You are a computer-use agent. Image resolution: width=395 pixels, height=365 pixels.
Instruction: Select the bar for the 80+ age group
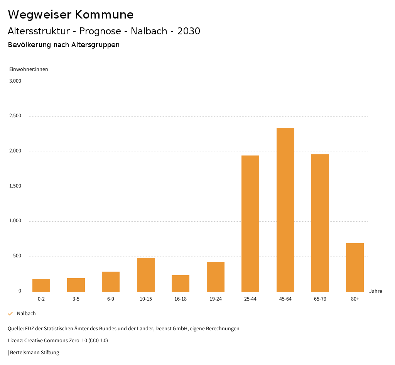(x=355, y=267)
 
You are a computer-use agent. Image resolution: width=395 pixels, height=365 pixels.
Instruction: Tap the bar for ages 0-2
(x=41, y=285)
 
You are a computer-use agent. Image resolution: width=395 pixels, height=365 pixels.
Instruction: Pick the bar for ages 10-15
(x=146, y=275)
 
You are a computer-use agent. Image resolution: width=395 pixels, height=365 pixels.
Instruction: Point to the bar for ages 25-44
(x=250, y=223)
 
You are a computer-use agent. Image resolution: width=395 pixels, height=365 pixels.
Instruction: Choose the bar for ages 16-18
(x=181, y=283)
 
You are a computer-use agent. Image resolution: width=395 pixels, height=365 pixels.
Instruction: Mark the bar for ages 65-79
(x=320, y=223)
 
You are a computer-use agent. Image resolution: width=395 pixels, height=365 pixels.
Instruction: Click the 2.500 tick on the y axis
(x=15, y=116)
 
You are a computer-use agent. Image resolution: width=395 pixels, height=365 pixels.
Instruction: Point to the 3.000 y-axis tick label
(x=15, y=81)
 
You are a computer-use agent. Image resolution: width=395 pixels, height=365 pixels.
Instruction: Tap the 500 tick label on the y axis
(x=17, y=256)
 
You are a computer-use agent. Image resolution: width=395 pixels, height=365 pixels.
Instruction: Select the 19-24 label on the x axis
(x=215, y=299)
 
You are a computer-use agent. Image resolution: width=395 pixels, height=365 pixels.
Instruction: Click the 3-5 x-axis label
(x=76, y=299)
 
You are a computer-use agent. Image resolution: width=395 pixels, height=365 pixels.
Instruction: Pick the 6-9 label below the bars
(x=111, y=299)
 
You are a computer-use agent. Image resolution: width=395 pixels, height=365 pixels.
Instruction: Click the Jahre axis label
(x=376, y=291)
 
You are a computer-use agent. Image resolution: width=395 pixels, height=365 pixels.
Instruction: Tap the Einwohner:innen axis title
(x=29, y=69)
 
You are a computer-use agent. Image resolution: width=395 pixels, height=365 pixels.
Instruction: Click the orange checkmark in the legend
(x=10, y=314)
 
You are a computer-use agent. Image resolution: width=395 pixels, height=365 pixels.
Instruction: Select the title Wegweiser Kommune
(x=71, y=15)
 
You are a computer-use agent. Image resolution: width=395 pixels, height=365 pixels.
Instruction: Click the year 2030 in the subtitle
(x=189, y=31)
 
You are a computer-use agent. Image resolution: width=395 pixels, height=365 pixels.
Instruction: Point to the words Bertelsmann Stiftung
(x=34, y=352)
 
